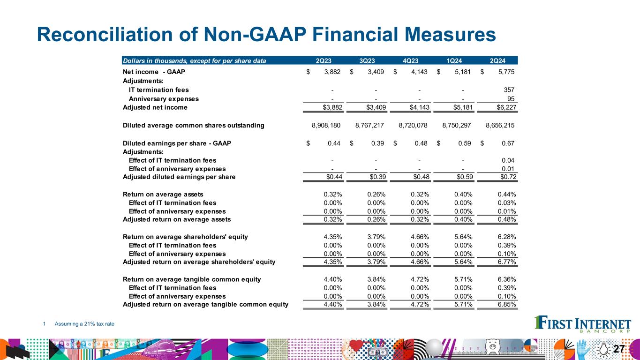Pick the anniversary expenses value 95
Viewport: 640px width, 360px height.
point(512,99)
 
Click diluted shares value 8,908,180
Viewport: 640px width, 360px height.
point(327,125)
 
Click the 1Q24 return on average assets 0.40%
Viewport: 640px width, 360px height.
point(463,194)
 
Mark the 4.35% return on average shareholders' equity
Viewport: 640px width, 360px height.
point(332,237)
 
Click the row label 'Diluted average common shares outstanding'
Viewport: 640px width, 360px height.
point(193,125)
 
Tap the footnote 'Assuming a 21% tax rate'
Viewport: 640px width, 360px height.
point(84,323)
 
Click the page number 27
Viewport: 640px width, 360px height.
point(619,349)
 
